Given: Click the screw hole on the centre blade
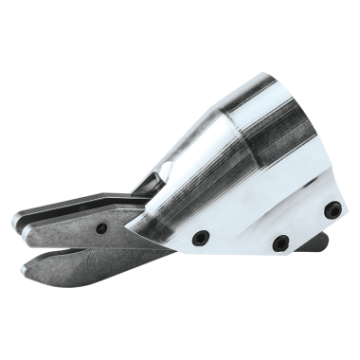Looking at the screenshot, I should click(100, 227).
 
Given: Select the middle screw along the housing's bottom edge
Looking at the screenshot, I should click(280, 243).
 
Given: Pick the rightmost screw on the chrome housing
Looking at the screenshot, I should click(333, 209).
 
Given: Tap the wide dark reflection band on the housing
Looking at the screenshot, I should click(275, 142).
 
